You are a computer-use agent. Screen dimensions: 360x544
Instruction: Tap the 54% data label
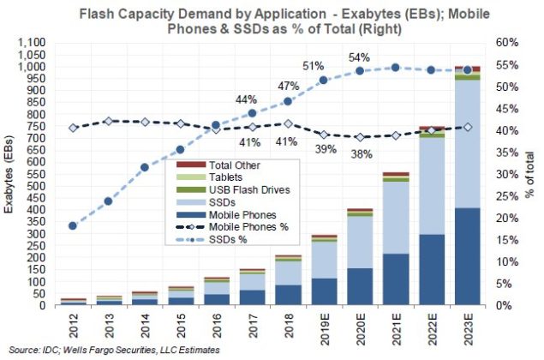(x=359, y=57)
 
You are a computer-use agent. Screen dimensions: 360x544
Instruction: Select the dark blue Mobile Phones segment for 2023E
(x=466, y=256)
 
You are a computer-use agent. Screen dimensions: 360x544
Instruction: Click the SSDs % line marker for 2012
(x=73, y=225)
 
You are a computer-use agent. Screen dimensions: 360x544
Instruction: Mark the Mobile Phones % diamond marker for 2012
(x=73, y=128)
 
